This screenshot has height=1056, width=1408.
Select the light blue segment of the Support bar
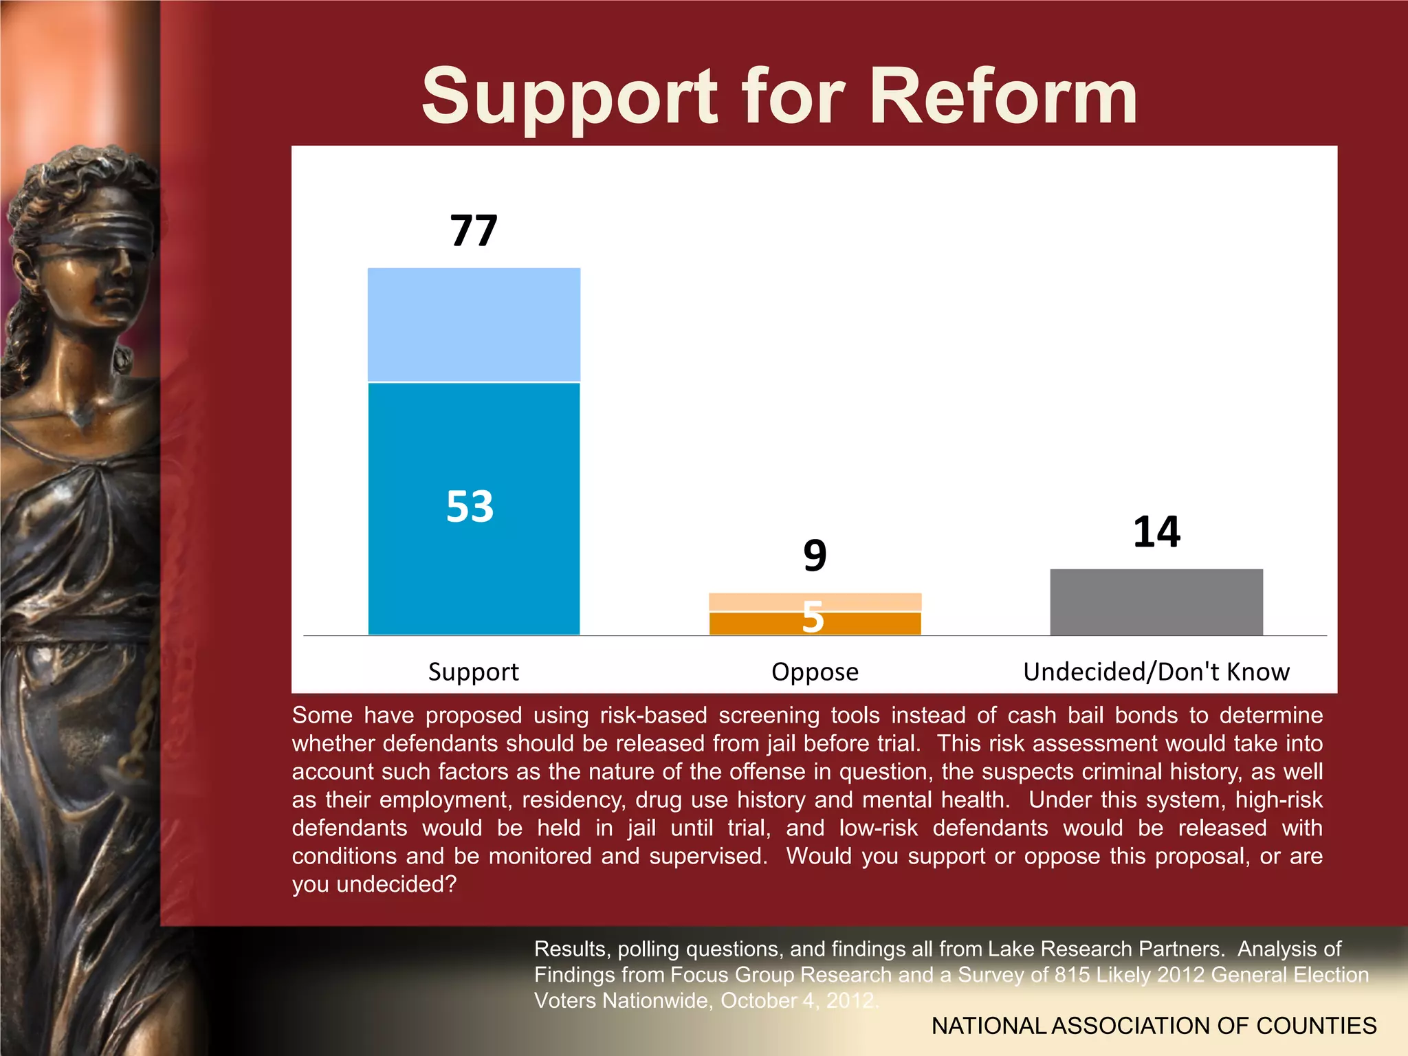474,324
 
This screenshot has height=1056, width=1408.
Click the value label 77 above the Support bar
474,230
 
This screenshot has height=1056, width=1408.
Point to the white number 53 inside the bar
470,507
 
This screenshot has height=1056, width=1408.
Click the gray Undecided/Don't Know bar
1156,602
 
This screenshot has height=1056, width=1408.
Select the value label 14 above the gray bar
1156,532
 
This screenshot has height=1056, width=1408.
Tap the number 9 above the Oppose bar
815,555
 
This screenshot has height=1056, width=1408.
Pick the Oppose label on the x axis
815,672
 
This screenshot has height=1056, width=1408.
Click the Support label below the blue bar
474,672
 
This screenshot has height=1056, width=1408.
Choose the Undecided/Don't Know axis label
1156,672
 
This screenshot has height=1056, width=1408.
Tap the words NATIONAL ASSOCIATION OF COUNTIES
1154,1026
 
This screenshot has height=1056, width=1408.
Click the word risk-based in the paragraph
653,716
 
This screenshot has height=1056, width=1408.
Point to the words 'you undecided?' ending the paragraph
374,884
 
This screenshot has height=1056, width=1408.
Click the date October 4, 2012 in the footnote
797,1000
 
